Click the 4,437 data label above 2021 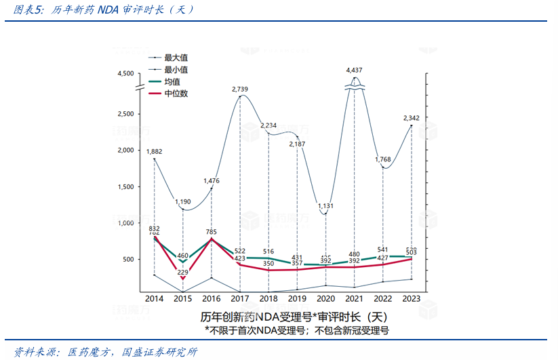(354, 70)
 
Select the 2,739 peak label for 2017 (241, 89)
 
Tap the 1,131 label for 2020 (325, 206)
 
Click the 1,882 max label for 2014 (154, 151)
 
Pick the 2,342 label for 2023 (412, 117)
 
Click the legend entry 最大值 (176, 58)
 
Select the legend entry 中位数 (176, 93)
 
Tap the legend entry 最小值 (176, 69)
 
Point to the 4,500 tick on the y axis (126, 73)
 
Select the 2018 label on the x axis (268, 298)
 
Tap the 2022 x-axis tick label (382, 298)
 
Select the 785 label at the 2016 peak (211, 232)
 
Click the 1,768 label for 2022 (383, 159)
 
